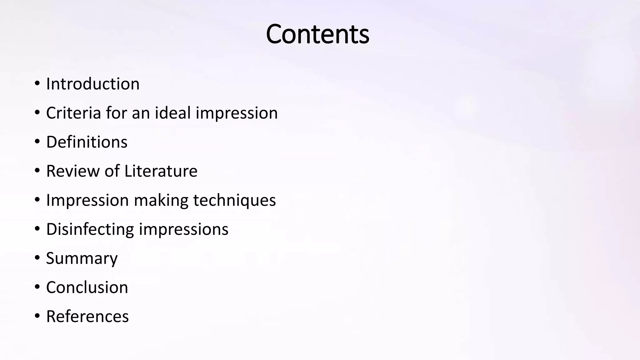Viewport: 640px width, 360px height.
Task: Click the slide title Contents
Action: (317, 34)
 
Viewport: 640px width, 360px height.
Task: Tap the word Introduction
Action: (93, 84)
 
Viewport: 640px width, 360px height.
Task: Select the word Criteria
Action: (73, 113)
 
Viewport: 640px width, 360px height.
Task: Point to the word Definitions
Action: (87, 142)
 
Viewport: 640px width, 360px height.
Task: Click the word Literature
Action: (161, 171)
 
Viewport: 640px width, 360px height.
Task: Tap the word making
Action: (161, 200)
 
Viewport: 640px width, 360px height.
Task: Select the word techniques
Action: (235, 200)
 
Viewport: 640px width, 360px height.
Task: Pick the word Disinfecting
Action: (90, 229)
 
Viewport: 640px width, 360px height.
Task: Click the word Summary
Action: (82, 258)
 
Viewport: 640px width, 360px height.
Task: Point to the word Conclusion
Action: (87, 287)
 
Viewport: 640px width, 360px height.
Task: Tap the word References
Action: (87, 316)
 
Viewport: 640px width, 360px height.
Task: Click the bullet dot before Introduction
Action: (37, 84)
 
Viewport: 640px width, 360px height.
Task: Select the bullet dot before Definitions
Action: (37, 142)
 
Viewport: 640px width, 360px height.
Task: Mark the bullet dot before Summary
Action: (37, 258)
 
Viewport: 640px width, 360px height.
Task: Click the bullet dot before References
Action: (37, 316)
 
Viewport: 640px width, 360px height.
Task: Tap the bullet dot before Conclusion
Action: (37, 287)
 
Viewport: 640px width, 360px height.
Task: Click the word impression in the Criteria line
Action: (237, 113)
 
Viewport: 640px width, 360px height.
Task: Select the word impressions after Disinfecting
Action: (184, 229)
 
